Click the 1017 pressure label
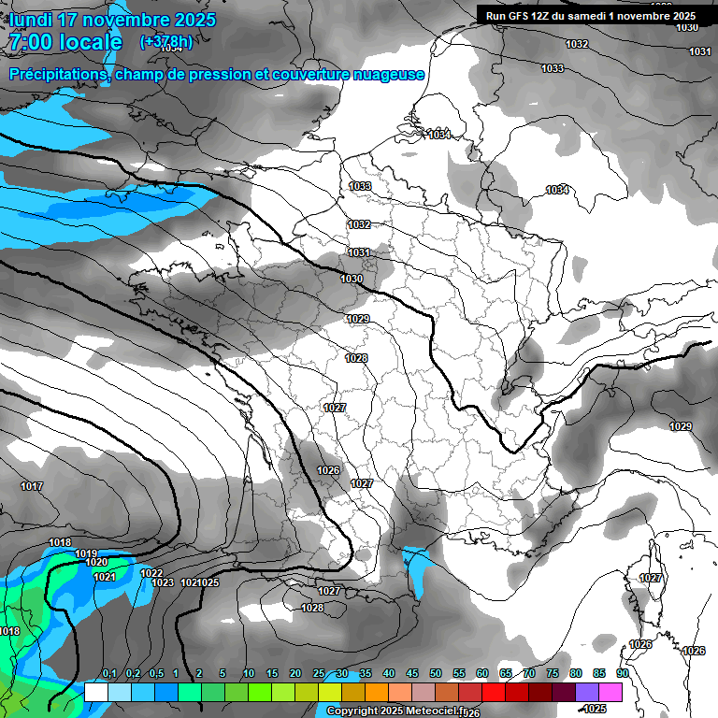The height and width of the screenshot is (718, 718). pyautogui.click(x=32, y=486)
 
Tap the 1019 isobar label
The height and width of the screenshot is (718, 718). pyautogui.click(x=86, y=553)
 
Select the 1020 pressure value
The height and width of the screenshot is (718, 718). pyautogui.click(x=95, y=562)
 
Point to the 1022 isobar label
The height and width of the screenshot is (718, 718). pyautogui.click(x=151, y=573)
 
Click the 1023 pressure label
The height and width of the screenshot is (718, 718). pyautogui.click(x=163, y=582)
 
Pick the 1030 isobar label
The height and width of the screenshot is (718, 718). pyautogui.click(x=352, y=279)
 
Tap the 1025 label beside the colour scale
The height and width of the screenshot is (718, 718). pyautogui.click(x=595, y=709)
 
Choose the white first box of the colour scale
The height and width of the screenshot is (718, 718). pyautogui.click(x=95, y=692)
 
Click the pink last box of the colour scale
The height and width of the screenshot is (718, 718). pyautogui.click(x=610, y=692)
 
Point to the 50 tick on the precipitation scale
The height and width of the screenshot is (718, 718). pyautogui.click(x=436, y=674)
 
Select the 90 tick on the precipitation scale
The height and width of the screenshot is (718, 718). pyautogui.click(x=622, y=674)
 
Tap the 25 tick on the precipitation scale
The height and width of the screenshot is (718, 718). pyautogui.click(x=319, y=674)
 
